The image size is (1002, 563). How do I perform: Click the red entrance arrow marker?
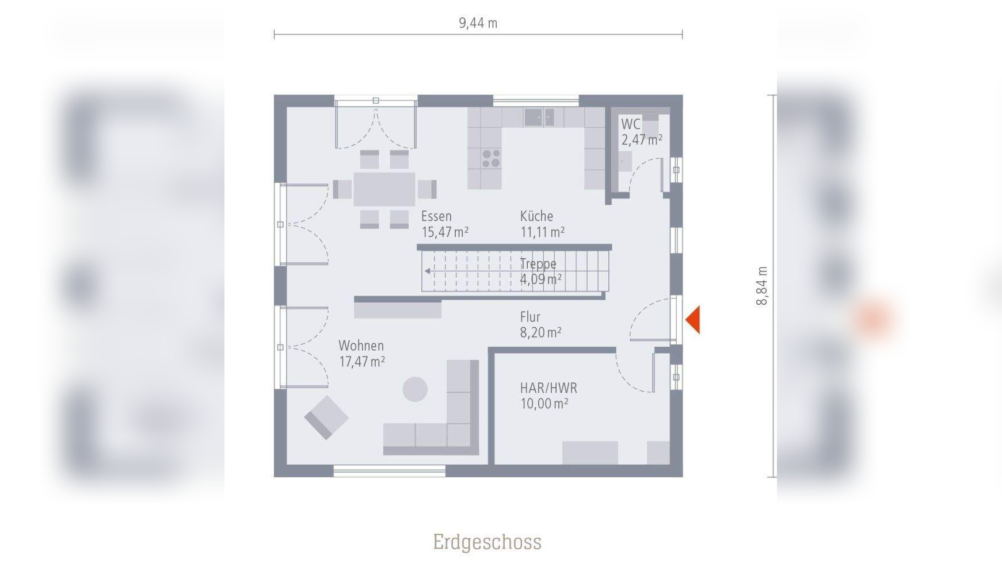(692, 320)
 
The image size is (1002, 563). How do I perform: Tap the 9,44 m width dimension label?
(478, 23)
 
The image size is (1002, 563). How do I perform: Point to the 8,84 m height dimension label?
(761, 286)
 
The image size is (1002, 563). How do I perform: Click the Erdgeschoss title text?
(487, 542)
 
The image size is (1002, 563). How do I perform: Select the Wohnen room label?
(361, 346)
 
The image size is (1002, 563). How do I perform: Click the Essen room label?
(436, 216)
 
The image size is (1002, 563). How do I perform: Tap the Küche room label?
(536, 216)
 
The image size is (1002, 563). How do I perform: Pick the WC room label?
(630, 124)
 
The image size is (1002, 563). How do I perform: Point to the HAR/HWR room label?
(548, 388)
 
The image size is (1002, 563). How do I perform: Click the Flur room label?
(530, 317)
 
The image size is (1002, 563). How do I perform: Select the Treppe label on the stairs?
(538, 264)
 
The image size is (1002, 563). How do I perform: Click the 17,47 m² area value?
(362, 362)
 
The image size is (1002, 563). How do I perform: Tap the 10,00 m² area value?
(544, 404)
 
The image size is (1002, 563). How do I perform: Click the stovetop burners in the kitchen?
(491, 159)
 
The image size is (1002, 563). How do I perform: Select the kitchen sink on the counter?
(539, 117)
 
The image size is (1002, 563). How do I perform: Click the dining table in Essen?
(384, 189)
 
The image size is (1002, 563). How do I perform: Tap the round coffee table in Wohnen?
(415, 389)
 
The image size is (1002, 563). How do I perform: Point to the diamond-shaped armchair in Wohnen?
(326, 418)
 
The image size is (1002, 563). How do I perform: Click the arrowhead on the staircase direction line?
(427, 271)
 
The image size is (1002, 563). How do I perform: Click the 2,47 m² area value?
(642, 140)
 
